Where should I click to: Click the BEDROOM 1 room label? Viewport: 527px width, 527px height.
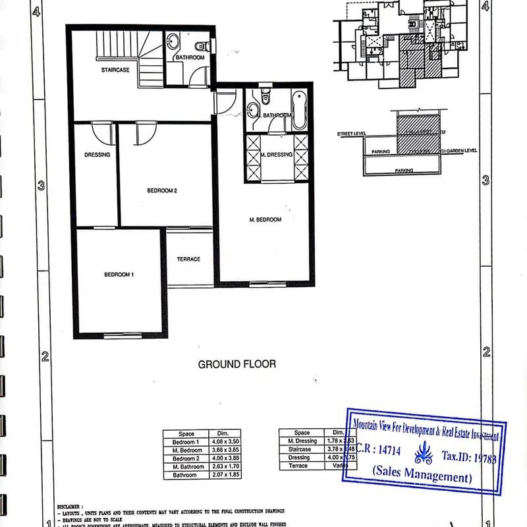(x=119, y=274)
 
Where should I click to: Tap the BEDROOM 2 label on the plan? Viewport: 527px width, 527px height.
(x=163, y=191)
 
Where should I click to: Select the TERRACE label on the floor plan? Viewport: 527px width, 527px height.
(x=188, y=259)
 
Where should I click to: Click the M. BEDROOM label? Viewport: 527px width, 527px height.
(x=265, y=219)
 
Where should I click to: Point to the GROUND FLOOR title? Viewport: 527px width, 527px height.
(x=236, y=364)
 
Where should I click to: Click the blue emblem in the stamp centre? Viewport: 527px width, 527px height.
(x=422, y=454)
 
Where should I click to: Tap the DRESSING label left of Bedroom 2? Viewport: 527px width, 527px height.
(x=97, y=155)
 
